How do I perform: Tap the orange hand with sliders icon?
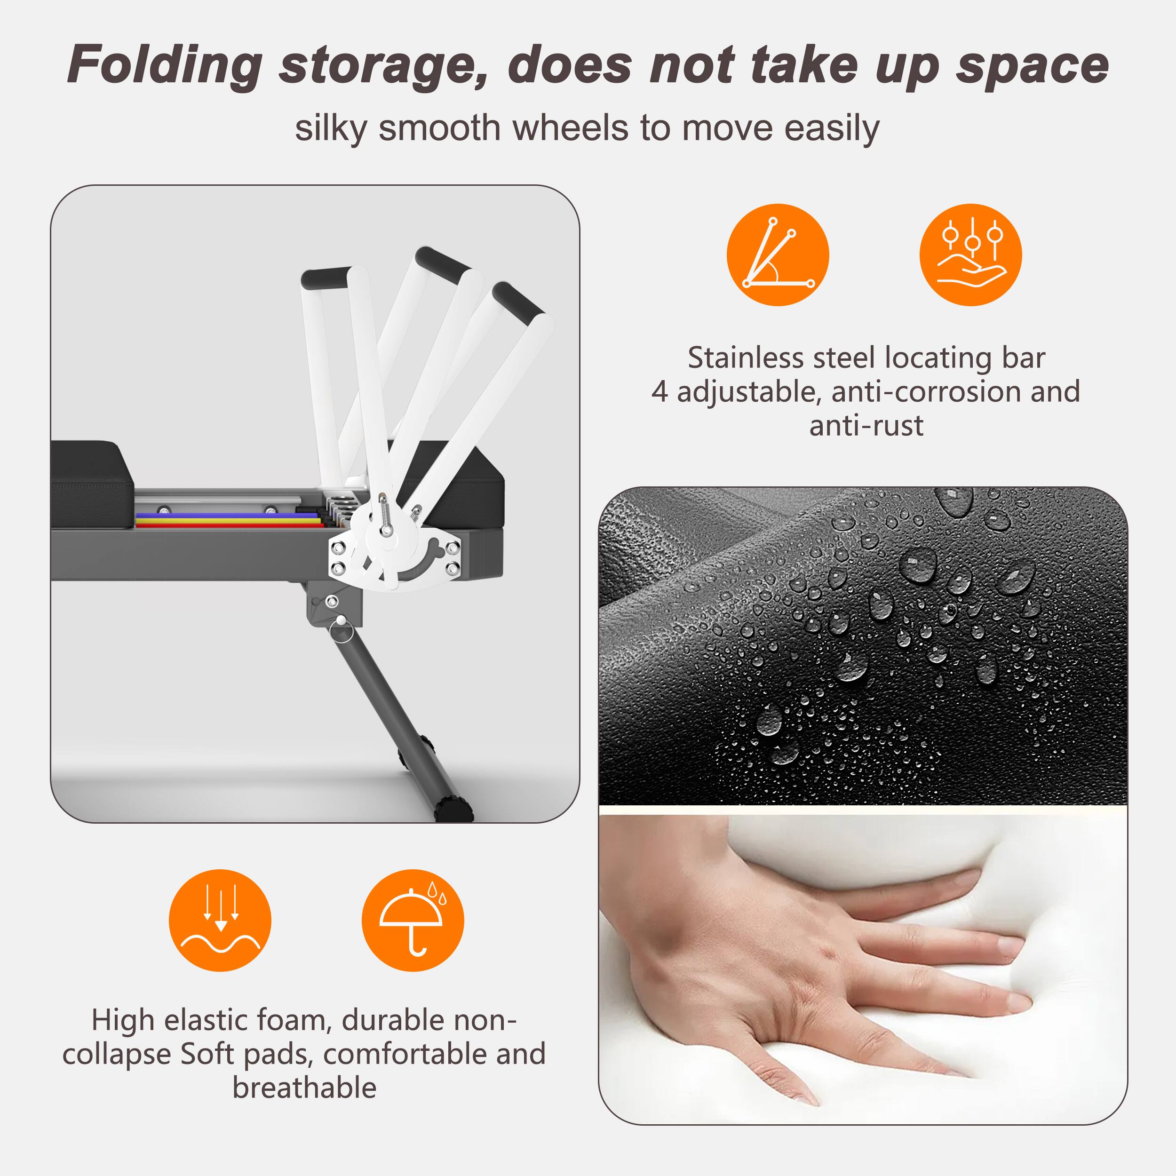click(x=970, y=254)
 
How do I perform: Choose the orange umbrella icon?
click(x=412, y=921)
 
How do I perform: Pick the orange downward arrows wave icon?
click(x=220, y=921)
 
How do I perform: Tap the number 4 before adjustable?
click(x=659, y=392)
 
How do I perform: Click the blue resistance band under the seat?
click(x=225, y=516)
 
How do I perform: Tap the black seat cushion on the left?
click(x=91, y=481)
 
